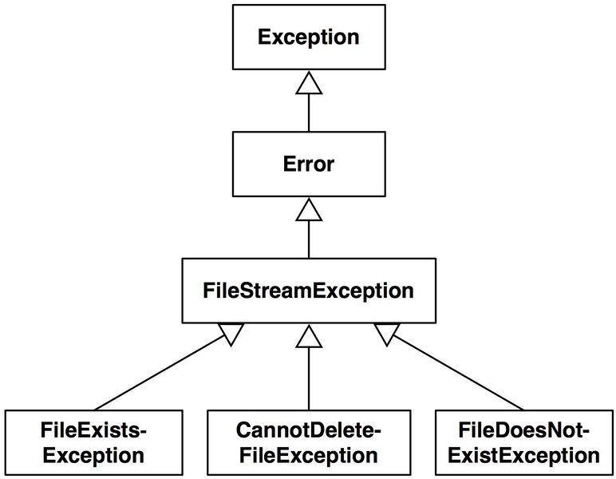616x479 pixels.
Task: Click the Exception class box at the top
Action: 308,37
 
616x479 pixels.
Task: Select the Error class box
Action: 308,164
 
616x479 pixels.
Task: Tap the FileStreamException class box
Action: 308,291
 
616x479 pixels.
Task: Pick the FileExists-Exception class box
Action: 93,443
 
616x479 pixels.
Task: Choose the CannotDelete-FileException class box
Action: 308,443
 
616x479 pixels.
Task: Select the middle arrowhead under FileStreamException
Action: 308,336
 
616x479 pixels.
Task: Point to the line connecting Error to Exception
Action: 308,112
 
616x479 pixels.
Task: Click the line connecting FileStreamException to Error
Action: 308,239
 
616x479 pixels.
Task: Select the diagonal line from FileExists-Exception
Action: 160,374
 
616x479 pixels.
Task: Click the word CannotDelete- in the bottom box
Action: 308,431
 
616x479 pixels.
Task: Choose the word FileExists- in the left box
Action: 93,431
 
